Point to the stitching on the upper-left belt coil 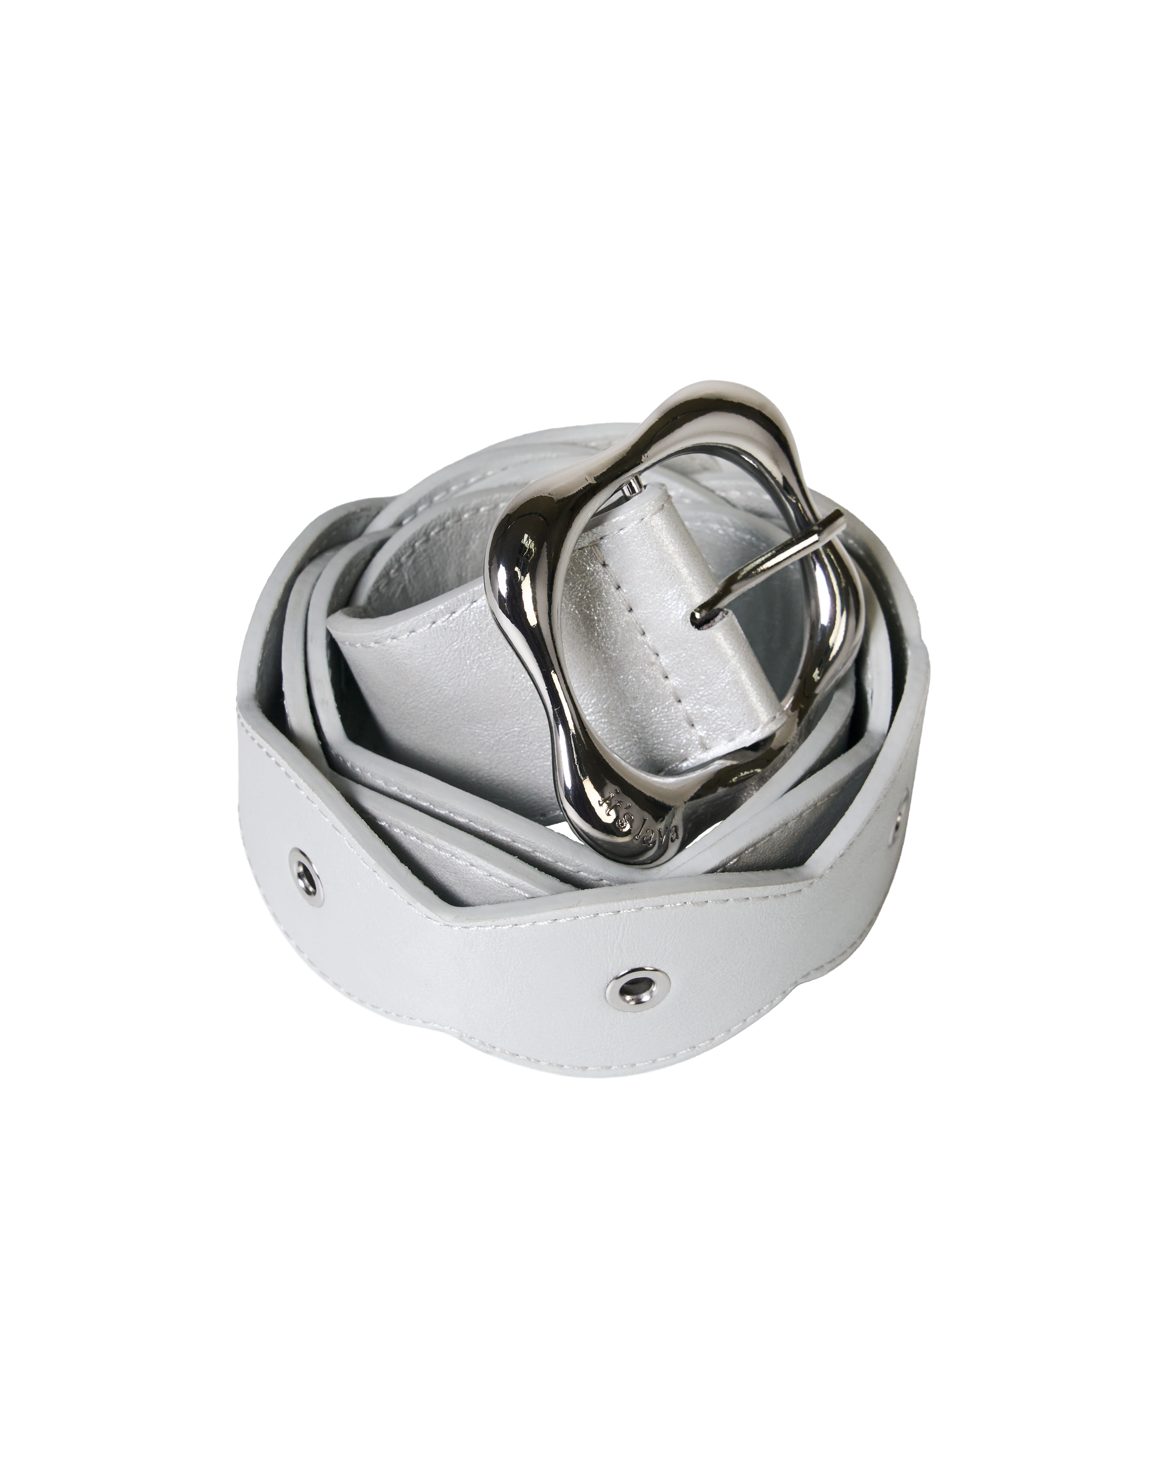433,514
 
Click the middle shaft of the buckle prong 771,568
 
